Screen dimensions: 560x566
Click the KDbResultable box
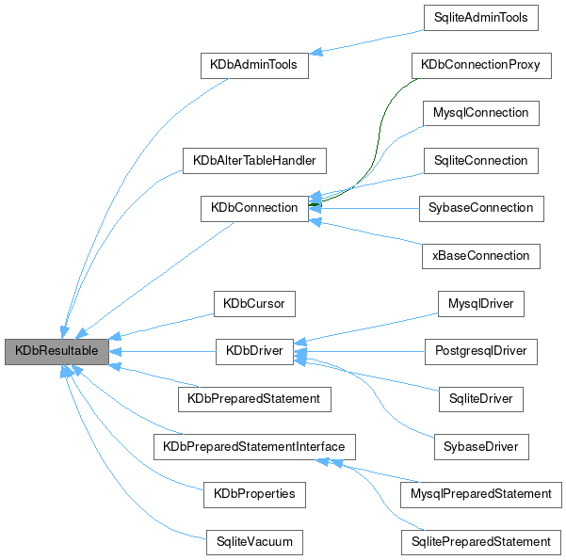click(x=57, y=352)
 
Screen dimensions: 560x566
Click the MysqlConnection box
click(x=480, y=114)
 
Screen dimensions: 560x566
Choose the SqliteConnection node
click(x=480, y=160)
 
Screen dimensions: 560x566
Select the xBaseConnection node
click(x=480, y=255)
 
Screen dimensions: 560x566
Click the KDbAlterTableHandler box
click(x=253, y=160)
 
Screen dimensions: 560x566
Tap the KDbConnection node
click(x=254, y=208)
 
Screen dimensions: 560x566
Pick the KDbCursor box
click(x=254, y=304)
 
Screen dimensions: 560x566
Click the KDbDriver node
click(x=254, y=352)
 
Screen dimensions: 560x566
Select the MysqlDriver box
click(x=480, y=304)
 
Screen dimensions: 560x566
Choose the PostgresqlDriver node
click(x=480, y=352)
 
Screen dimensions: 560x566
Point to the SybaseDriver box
click(x=480, y=446)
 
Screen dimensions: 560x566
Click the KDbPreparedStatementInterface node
click(x=254, y=446)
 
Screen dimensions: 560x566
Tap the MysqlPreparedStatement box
click(x=480, y=493)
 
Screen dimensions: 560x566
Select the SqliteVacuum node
click(x=254, y=541)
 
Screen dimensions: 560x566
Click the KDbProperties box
click(x=254, y=493)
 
